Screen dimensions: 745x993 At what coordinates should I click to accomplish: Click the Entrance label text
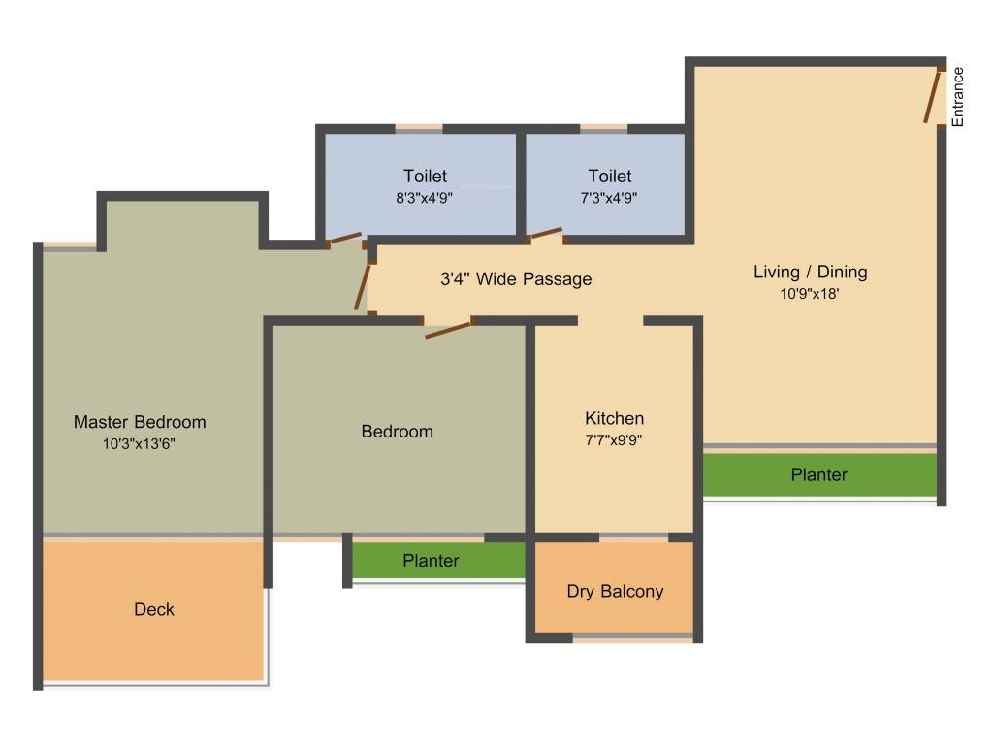(958, 96)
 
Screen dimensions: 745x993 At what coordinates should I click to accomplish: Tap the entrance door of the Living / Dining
(934, 96)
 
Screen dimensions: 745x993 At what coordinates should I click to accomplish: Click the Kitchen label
(614, 418)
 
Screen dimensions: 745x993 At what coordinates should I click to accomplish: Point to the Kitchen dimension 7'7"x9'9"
(614, 438)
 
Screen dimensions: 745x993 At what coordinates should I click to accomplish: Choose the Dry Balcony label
(615, 591)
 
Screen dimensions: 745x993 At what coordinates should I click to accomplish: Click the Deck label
(154, 609)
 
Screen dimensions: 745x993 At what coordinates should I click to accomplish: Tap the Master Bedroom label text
(140, 422)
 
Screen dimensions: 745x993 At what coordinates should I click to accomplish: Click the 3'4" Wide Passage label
(516, 279)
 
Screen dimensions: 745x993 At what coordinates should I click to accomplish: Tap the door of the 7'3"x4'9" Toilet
(545, 234)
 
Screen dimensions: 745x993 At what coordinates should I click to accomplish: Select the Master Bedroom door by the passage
(364, 286)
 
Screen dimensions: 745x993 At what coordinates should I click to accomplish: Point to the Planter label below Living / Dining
(818, 474)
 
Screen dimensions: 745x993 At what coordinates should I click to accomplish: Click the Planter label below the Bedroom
(431, 561)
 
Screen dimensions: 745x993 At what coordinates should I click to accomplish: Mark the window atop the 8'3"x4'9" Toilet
(419, 127)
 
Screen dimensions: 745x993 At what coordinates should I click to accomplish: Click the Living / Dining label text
(810, 272)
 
